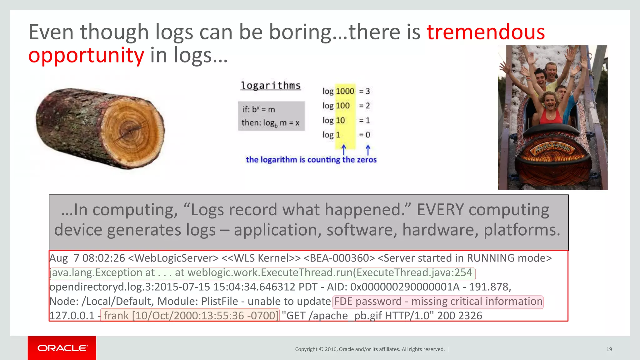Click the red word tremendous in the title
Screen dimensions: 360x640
tap(486, 32)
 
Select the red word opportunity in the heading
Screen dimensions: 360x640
tap(86, 55)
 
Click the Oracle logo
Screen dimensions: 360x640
tap(62, 348)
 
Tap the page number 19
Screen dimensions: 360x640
tap(609, 349)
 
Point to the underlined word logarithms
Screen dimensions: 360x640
tap(271, 85)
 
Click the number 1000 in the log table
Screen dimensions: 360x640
tap(345, 91)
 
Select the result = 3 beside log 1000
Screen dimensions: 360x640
tap(364, 91)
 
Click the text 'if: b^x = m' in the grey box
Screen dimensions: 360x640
tap(259, 109)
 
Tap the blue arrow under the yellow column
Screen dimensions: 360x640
tap(344, 150)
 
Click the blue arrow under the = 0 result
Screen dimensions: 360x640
tap(368, 150)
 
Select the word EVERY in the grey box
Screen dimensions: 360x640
tap(440, 210)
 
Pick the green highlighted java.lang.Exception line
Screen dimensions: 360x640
tap(262, 273)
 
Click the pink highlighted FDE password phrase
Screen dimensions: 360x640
tap(438, 302)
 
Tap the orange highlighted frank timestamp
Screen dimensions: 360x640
tap(190, 316)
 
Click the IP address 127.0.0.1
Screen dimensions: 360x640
tap(72, 316)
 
